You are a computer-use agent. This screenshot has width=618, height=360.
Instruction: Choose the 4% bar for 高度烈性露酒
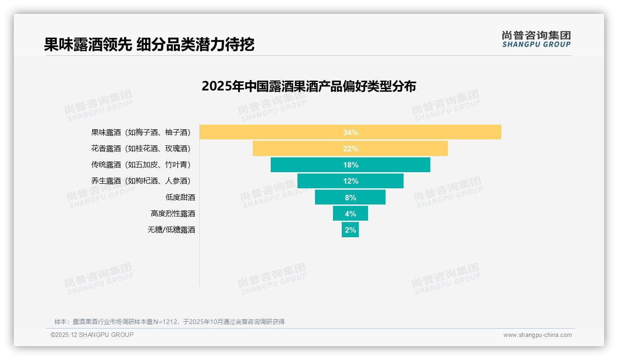click(351, 213)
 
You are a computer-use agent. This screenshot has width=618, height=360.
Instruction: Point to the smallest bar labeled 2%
click(350, 229)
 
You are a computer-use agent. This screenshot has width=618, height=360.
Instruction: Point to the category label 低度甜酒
click(180, 197)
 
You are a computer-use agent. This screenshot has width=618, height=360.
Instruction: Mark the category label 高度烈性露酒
click(172, 213)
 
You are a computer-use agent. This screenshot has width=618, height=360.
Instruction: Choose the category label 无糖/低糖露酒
click(171, 229)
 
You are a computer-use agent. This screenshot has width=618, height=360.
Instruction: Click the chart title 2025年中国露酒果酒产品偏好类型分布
click(309, 86)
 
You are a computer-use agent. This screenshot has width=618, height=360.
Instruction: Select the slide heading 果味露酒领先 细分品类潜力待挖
click(149, 44)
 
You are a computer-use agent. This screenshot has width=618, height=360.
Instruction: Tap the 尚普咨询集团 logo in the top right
click(536, 39)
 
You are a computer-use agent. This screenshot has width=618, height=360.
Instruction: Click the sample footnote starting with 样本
click(169, 322)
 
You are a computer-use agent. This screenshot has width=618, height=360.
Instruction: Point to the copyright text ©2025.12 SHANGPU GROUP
click(92, 335)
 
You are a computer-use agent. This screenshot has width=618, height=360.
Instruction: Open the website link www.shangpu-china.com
click(537, 335)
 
